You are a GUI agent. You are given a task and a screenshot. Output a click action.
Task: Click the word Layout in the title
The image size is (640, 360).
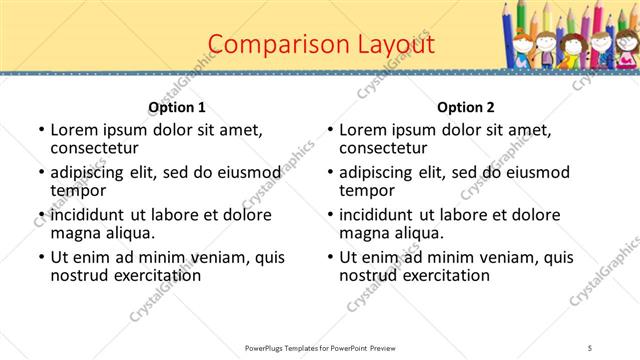click(397, 44)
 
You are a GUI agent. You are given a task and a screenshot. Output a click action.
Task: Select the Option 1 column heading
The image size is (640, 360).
click(177, 107)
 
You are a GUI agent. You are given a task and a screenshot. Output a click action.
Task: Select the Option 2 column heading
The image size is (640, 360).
click(466, 107)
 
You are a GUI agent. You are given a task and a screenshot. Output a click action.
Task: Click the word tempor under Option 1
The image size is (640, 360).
click(78, 190)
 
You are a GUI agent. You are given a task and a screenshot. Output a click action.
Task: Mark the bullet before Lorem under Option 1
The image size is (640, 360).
click(40, 130)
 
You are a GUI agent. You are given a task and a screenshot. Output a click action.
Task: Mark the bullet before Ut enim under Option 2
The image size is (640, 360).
click(329, 257)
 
